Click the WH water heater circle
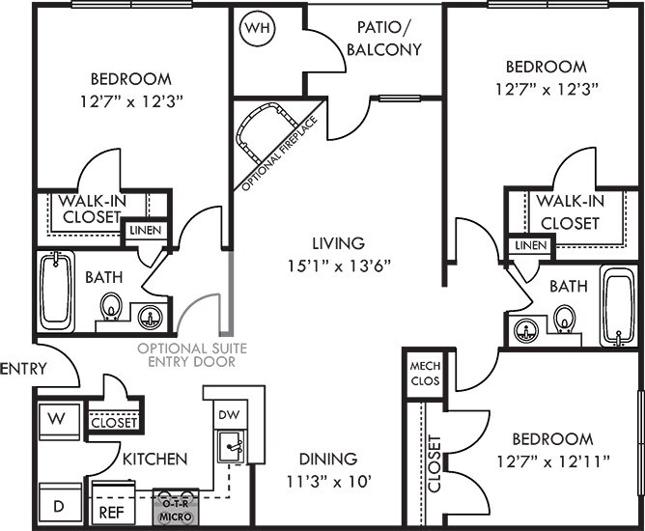click(256, 28)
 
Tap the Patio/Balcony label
click(384, 40)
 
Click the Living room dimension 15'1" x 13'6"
click(337, 263)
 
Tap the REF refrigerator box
click(110, 512)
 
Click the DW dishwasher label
click(229, 413)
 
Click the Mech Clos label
click(425, 374)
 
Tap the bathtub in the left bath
click(55, 290)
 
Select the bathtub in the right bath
click(618, 308)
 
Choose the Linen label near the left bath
click(146, 232)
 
